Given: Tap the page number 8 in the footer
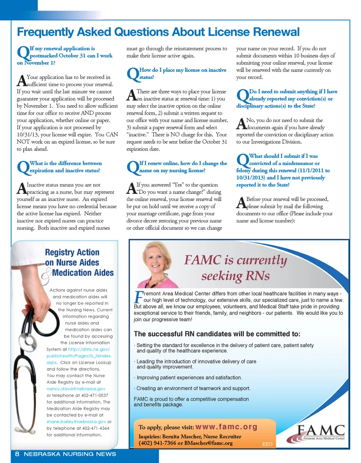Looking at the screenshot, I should coord(17,454).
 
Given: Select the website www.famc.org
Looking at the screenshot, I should coord(227,427).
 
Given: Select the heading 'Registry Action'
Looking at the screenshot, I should coord(72,253).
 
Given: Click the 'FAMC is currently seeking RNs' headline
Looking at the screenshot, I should coord(235,268).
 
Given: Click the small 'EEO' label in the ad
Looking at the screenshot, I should coord(267,444).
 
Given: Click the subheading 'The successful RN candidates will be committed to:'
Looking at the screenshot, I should coord(217,334).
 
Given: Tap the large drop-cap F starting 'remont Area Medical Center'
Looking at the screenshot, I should coord(138,297).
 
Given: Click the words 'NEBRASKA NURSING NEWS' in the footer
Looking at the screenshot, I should coord(70,454).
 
